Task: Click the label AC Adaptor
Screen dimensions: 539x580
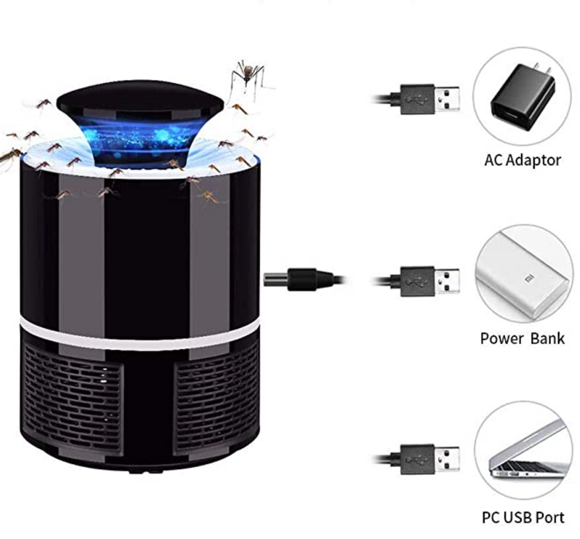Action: [522, 160]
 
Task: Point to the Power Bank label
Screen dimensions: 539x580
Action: [522, 339]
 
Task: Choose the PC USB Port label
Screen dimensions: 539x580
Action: [522, 517]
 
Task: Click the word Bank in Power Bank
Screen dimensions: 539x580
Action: [547, 339]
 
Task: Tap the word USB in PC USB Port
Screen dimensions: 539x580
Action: [522, 517]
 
